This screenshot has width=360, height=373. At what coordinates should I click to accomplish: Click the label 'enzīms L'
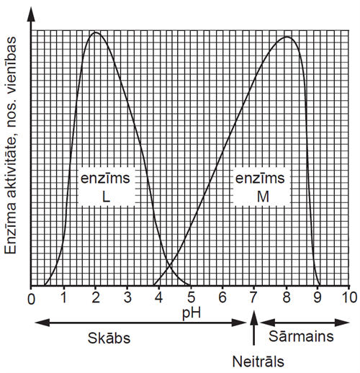105,186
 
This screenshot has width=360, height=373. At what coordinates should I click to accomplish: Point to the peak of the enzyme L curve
95,32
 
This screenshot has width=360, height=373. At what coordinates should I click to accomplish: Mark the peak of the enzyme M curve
287,37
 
